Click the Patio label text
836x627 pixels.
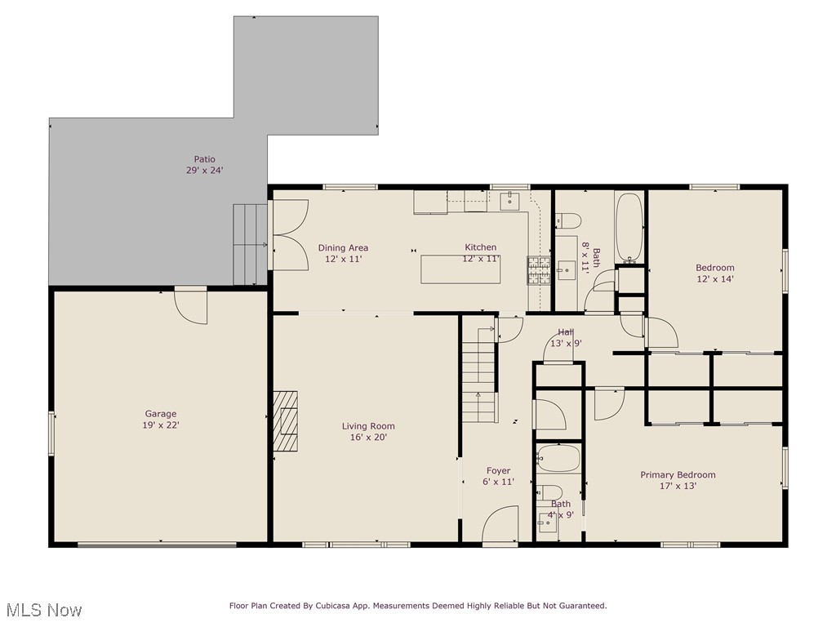click(204, 159)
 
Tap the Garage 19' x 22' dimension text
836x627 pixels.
click(161, 425)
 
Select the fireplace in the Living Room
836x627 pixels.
click(285, 420)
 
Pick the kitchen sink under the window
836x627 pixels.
click(509, 200)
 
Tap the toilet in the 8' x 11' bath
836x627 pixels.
click(568, 220)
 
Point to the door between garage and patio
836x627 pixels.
click(191, 307)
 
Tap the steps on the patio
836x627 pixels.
click(250, 243)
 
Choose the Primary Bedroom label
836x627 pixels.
click(678, 475)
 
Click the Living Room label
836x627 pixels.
click(368, 426)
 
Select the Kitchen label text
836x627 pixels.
click(480, 247)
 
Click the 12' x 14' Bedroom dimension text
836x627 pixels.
click(714, 278)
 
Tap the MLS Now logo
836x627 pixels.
click(42, 610)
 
